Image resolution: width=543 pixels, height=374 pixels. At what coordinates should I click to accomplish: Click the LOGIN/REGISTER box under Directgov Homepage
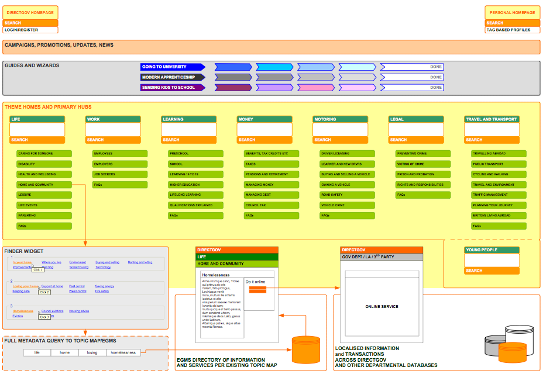click(x=31, y=30)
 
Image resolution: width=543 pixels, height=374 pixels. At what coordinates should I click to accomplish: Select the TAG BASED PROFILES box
click(x=512, y=30)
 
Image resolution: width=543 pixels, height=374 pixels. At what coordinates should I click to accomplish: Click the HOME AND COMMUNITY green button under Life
click(x=44, y=185)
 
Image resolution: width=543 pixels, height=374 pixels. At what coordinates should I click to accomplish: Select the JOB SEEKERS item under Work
click(x=120, y=174)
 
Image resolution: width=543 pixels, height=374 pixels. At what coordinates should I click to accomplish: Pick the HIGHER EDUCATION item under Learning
click(x=195, y=185)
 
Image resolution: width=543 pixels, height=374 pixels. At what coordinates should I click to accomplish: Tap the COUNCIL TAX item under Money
click(x=271, y=205)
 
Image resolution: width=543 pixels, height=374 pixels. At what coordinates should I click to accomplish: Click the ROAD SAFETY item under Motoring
click(x=347, y=195)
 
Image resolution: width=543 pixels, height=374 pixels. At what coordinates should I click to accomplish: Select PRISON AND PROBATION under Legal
click(x=422, y=174)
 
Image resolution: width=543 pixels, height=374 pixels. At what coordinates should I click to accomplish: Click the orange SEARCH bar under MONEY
click(x=264, y=140)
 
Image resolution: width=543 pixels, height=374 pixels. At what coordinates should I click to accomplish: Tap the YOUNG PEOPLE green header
click(x=492, y=250)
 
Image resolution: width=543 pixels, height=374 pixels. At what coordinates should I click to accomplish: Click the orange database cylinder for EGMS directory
click(x=306, y=349)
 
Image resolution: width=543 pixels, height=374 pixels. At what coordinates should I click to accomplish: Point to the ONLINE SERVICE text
click(x=381, y=306)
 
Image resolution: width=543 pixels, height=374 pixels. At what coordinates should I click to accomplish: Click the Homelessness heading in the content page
click(x=216, y=275)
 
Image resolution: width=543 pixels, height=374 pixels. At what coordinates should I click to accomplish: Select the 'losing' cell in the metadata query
click(x=91, y=352)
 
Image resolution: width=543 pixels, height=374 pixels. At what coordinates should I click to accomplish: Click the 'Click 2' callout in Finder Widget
click(x=44, y=292)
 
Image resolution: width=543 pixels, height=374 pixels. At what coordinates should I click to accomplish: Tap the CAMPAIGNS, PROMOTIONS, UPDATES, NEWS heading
click(x=59, y=45)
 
